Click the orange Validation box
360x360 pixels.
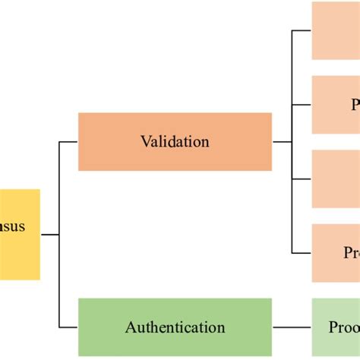(x=175, y=141)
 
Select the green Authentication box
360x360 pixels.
(x=175, y=327)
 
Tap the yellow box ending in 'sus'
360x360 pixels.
(x=20, y=235)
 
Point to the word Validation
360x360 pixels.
(x=175, y=141)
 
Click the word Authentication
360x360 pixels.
(x=175, y=328)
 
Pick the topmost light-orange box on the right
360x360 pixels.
(x=336, y=30)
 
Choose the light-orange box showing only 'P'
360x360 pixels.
(x=336, y=104)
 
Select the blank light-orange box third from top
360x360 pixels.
(x=336, y=178)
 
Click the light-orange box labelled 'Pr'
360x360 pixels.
(x=336, y=253)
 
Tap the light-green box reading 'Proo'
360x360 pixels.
(x=336, y=327)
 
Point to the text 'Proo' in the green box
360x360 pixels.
(x=344, y=327)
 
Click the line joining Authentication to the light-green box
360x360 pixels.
(x=292, y=327)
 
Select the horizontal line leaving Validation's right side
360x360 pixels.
(x=282, y=141)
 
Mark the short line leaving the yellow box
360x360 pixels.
(x=49, y=235)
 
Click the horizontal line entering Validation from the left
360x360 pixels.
(x=68, y=141)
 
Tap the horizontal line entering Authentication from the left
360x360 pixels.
(x=68, y=327)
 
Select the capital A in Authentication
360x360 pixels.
(x=130, y=328)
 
